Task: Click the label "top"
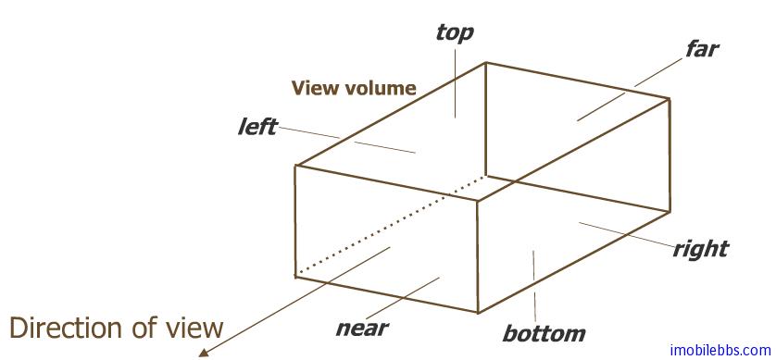[x=454, y=33]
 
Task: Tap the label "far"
[x=701, y=48]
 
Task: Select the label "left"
[x=257, y=127]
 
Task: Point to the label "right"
[x=700, y=248]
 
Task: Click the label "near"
[x=361, y=327]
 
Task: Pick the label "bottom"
[x=544, y=333]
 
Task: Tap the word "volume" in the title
[x=381, y=89]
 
